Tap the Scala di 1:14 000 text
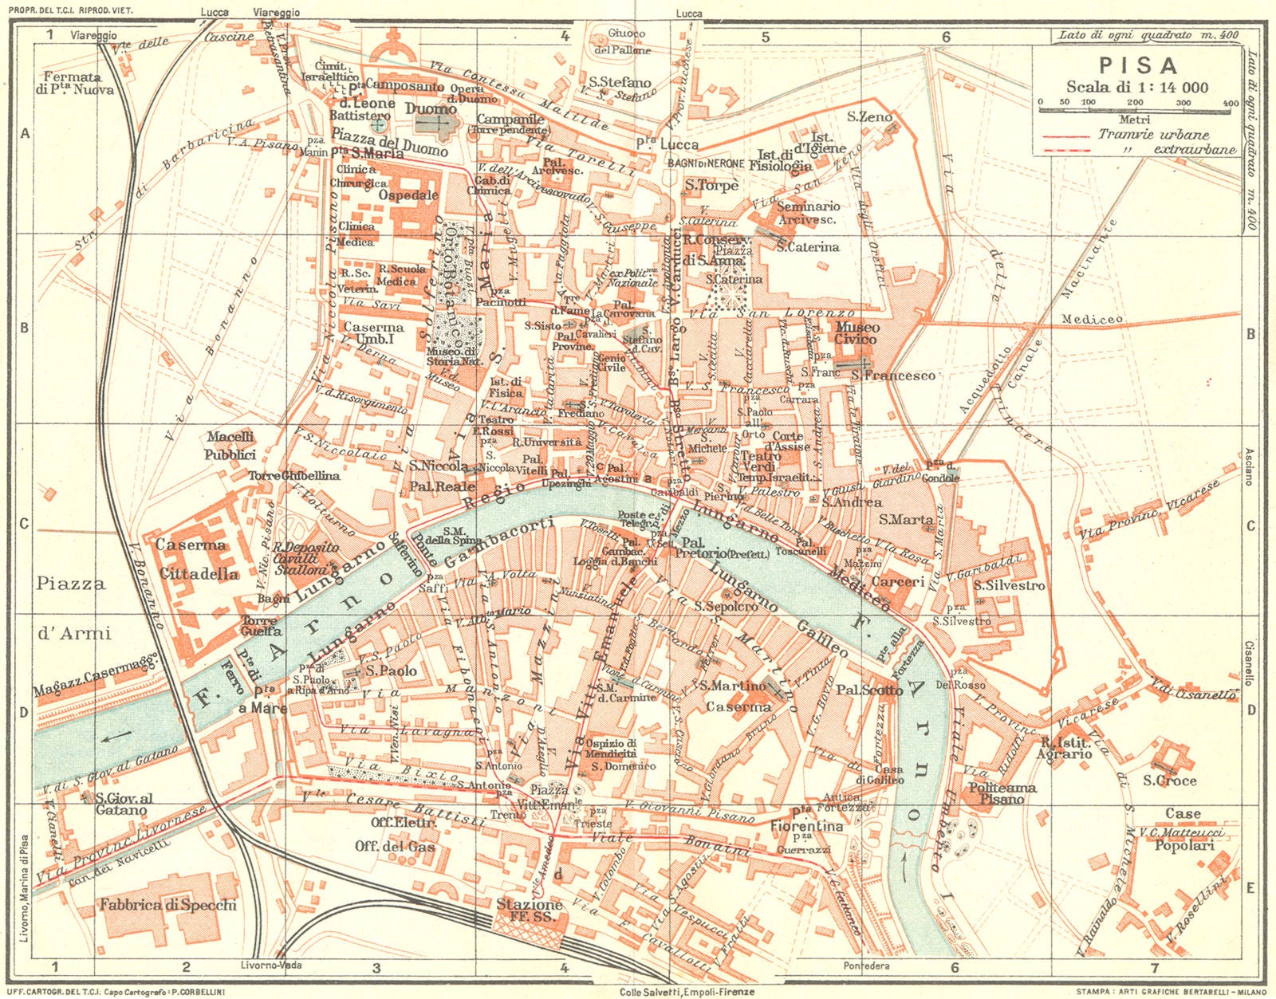pos(1138,87)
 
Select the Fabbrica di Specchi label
pos(167,905)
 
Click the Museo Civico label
pos(857,333)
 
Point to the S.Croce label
pos(1170,781)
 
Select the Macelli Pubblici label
pos(230,446)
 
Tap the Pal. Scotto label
pos(869,690)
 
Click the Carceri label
pos(897,582)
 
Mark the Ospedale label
pos(408,195)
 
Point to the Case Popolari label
pos(1184,829)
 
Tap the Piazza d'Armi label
pos(72,608)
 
